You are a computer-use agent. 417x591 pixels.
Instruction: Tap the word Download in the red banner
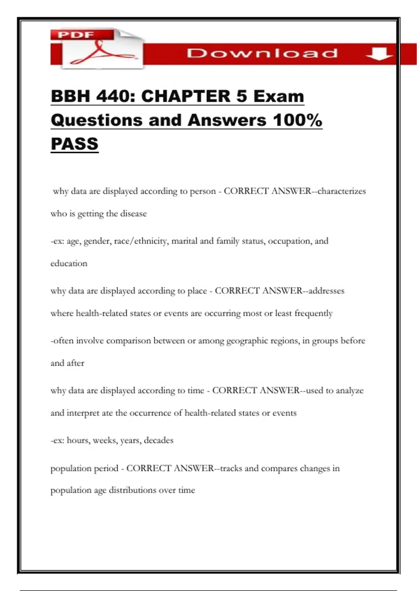262,54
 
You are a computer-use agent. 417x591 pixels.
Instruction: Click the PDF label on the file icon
76,35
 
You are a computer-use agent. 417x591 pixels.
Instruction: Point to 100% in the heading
297,120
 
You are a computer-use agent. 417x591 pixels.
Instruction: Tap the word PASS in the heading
75,144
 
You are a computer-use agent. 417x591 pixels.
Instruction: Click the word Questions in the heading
97,120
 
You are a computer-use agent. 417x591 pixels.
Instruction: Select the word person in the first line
203,191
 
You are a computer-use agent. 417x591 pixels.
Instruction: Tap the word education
69,264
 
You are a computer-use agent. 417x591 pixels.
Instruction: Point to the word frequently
313,313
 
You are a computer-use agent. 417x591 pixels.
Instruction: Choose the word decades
158,440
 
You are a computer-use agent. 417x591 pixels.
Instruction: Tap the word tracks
231,468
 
